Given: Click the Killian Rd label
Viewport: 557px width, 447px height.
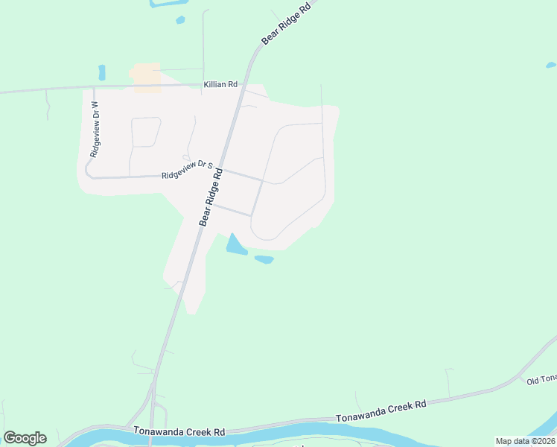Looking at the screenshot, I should [220, 85].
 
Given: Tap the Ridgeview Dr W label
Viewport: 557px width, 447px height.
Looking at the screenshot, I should [95, 128].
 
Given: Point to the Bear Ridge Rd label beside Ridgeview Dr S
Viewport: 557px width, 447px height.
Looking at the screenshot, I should [211, 196].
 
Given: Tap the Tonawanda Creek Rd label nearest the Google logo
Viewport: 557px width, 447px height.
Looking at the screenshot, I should [179, 431].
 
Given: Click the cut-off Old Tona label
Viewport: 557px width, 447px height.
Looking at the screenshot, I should [541, 381].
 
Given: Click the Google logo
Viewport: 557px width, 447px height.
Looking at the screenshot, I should [25, 438].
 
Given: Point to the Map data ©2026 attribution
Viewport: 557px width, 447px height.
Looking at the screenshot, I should [525, 441].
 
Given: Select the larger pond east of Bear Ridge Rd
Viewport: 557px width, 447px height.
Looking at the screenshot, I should [235, 245].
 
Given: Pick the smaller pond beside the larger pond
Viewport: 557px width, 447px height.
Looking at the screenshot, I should [264, 259].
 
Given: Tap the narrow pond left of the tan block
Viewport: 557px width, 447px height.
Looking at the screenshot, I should [102, 72].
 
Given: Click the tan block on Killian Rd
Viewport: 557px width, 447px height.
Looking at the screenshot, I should [146, 77].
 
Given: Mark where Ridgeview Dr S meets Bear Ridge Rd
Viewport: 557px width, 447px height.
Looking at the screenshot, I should [223, 170].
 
